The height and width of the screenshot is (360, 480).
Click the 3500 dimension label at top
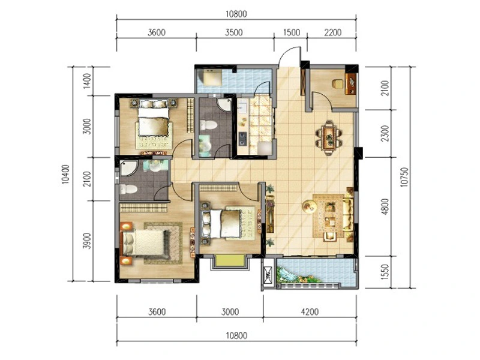click(234, 32)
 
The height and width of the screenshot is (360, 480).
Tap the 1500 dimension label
click(291, 32)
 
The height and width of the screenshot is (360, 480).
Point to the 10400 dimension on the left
click(65, 174)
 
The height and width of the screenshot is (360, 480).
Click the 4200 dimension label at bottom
click(310, 312)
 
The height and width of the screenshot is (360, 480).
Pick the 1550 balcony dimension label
click(385, 272)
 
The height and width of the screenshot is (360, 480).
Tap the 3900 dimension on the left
click(88, 241)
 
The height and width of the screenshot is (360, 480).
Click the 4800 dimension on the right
click(385, 206)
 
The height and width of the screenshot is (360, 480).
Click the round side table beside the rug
click(308, 206)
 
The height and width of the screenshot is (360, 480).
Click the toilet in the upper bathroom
click(208, 125)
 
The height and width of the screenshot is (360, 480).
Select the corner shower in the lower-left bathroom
click(128, 168)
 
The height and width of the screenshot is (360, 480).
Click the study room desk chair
click(338, 84)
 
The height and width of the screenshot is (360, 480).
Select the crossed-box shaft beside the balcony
click(268, 274)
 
